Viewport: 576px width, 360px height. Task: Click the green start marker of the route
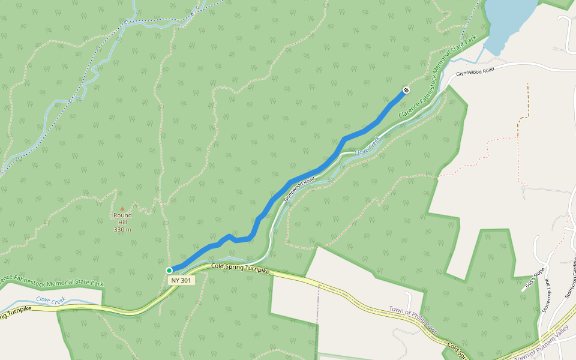click(169, 270)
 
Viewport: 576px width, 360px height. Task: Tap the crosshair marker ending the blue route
click(406, 90)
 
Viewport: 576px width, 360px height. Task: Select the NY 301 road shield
click(181, 280)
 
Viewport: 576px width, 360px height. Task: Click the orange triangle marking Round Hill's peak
click(122, 209)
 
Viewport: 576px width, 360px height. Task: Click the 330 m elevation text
click(122, 230)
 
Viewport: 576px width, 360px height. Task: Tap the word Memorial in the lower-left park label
click(52, 280)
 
